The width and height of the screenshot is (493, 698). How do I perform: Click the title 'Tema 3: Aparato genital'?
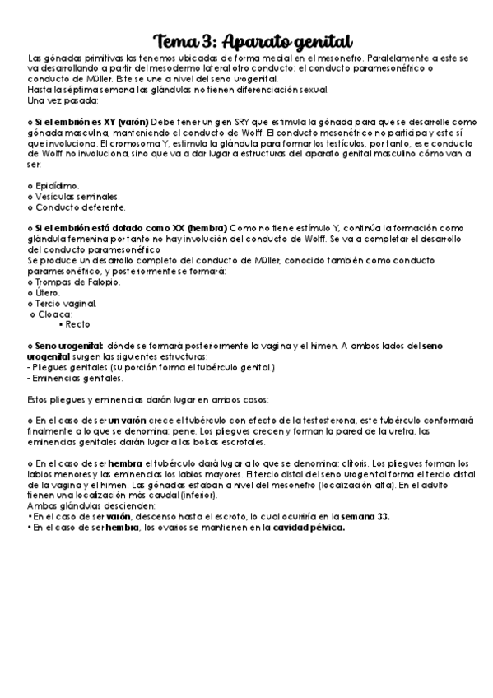[x=253, y=42]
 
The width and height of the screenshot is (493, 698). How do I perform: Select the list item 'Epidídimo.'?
[x=58, y=186]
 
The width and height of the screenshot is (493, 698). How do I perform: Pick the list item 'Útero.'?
[x=48, y=293]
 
